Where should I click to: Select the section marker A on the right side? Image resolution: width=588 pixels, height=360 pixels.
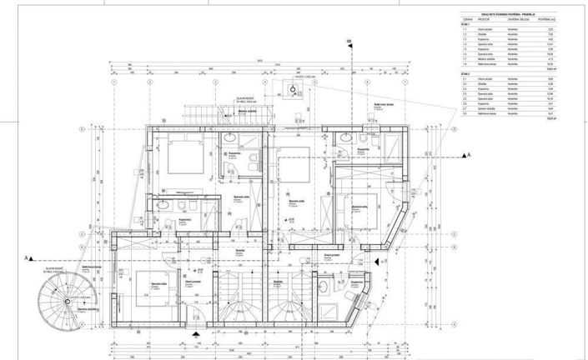tap(468, 156)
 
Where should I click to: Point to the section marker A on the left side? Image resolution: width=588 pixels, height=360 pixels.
tap(28, 257)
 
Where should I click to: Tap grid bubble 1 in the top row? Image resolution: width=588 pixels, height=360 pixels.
tap(112, 82)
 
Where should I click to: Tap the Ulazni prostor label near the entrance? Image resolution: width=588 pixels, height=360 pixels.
tap(196, 283)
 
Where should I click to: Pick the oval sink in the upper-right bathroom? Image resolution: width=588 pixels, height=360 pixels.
tap(364, 137)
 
